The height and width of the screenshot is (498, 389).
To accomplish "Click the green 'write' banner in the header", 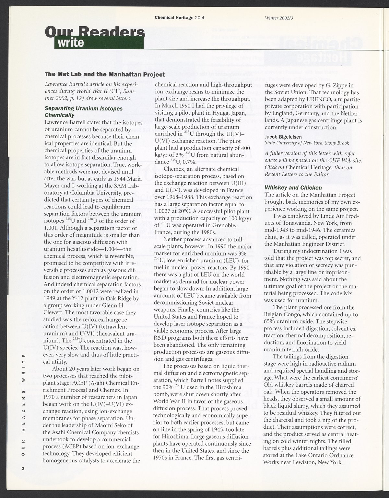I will [x=97, y=42].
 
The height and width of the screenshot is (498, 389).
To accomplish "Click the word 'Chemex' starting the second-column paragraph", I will [x=175, y=169].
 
